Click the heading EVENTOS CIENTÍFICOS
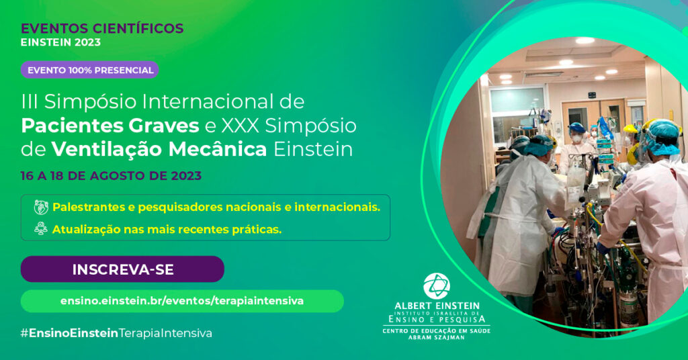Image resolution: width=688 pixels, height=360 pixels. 102,28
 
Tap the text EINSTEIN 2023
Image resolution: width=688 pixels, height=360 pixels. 60,42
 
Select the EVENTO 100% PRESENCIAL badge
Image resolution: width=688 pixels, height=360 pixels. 89,70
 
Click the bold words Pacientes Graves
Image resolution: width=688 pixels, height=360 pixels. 110,126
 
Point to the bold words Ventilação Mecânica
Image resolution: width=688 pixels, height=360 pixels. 159,149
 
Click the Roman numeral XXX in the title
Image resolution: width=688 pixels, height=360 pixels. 240,126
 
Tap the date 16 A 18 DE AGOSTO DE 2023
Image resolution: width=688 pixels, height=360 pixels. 111,176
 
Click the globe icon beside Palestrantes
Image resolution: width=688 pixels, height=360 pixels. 41,207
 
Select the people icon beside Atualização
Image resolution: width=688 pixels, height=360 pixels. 41,229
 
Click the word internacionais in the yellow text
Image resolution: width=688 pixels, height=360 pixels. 337,207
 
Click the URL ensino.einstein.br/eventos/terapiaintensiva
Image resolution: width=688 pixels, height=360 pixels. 182,301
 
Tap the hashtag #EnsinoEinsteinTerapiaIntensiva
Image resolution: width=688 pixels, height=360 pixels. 116,333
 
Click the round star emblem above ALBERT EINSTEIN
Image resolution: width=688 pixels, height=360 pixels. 436,286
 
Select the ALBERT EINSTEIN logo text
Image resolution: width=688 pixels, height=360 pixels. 437,306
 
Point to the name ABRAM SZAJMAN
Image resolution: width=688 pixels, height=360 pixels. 437,337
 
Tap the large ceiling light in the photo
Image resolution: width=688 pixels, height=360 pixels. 585,41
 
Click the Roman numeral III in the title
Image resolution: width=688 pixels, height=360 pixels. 30,101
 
